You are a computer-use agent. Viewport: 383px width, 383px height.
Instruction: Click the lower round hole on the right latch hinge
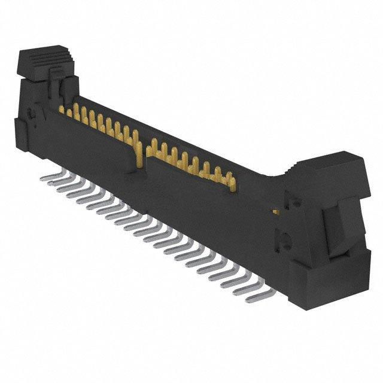tap(286, 242)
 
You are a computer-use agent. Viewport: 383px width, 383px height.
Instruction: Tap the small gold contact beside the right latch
tap(275, 211)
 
